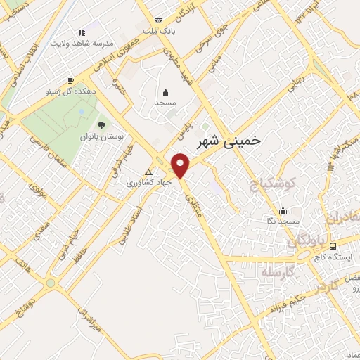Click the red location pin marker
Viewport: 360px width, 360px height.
click(181, 165)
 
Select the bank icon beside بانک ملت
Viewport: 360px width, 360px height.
click(158, 21)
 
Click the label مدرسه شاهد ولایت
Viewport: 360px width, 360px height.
click(81, 42)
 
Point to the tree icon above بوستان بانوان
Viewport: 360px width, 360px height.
click(101, 124)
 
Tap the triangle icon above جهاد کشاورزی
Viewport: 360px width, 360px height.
click(148, 172)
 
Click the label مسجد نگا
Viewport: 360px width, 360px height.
click(283, 221)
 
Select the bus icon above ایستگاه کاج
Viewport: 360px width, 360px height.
click(333, 245)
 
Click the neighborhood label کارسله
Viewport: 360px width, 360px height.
click(274, 271)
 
